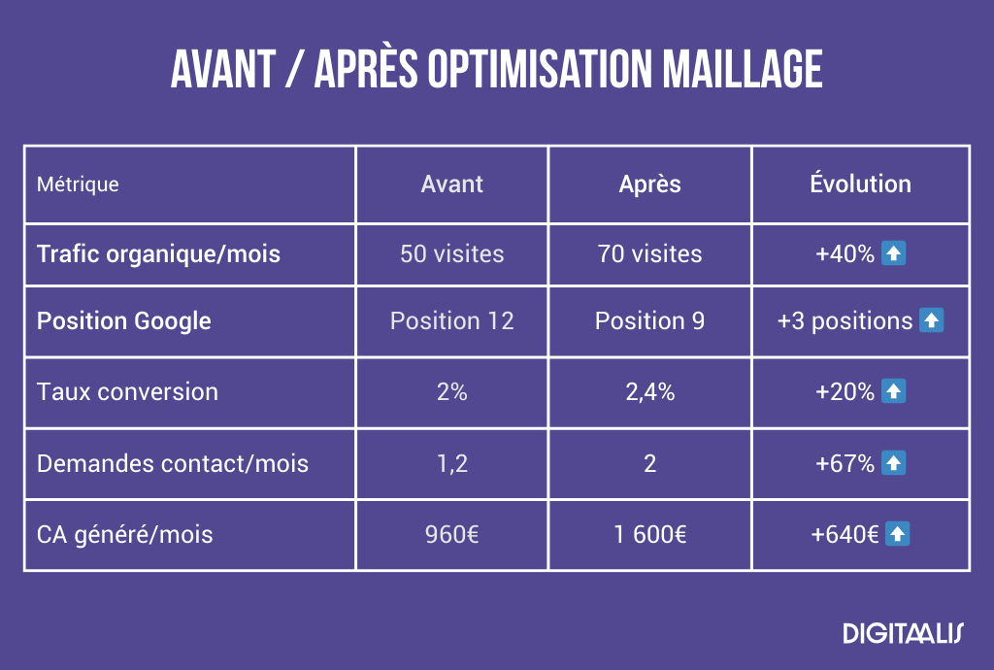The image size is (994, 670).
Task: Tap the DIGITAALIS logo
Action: click(903, 634)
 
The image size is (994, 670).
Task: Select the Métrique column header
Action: click(78, 184)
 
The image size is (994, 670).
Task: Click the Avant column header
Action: click(451, 184)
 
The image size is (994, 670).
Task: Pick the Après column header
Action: click(649, 184)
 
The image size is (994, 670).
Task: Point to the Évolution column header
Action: click(860, 184)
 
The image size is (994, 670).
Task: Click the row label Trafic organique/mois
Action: click(158, 254)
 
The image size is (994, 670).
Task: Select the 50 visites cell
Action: click(451, 254)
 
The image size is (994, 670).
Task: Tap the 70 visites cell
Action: click(649, 254)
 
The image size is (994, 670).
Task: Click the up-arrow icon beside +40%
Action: click(894, 254)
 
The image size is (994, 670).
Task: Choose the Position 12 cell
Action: click(451, 320)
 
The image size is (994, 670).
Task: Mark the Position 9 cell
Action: click(649, 320)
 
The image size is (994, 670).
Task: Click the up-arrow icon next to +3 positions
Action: click(931, 320)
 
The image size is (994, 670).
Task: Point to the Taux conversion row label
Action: click(127, 391)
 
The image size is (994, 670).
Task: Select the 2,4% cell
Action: click(649, 391)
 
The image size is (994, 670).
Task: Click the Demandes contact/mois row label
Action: click(173, 463)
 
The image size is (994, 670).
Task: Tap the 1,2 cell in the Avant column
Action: click(451, 463)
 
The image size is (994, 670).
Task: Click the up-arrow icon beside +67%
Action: click(894, 463)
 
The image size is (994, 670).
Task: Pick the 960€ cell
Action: click(451, 534)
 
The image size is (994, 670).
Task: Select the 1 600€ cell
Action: click(649, 534)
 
